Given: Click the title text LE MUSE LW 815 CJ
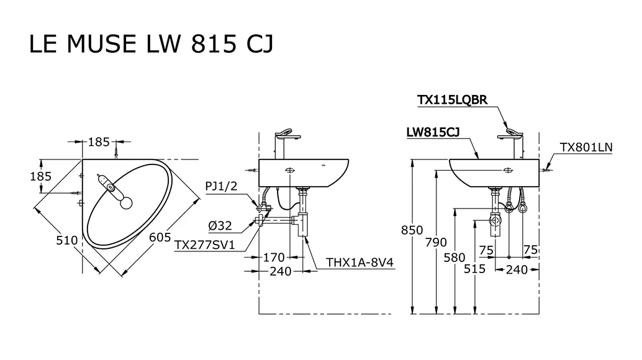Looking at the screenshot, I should pyautogui.click(x=151, y=44).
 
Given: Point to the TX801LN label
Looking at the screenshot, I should pyautogui.click(x=586, y=147).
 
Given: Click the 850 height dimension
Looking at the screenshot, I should pyautogui.click(x=412, y=230).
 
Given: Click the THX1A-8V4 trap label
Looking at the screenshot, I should pyautogui.click(x=360, y=263).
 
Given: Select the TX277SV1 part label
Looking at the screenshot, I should pyautogui.click(x=204, y=245).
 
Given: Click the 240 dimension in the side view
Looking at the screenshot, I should pyautogui.click(x=281, y=271).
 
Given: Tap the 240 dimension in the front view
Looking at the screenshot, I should pyautogui.click(x=517, y=269).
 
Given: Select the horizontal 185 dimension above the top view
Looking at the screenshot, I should pyautogui.click(x=99, y=142).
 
